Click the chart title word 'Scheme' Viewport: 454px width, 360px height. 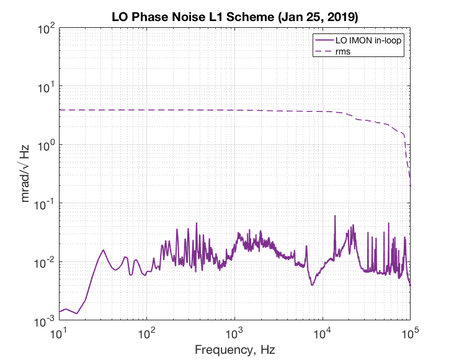pyautogui.click(x=250, y=17)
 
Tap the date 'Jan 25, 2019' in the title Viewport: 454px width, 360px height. pyautogui.click(x=318, y=17)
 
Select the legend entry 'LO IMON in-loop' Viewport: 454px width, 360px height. pyautogui.click(x=368, y=40)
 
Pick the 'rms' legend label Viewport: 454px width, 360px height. pyautogui.click(x=343, y=51)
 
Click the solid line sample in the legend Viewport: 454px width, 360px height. pyautogui.click(x=324, y=40)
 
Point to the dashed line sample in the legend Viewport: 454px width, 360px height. pyautogui.click(x=324, y=51)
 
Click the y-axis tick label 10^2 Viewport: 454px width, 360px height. pyautogui.click(x=47, y=29)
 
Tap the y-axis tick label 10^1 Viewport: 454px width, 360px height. pyautogui.click(x=47, y=87)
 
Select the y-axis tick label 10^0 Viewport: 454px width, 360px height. pyautogui.click(x=47, y=146)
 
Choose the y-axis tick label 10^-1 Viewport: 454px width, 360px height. pyautogui.click(x=45, y=204)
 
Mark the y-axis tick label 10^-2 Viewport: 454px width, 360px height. pyautogui.click(x=45, y=263)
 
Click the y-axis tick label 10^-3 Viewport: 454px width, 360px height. pyautogui.click(x=45, y=321)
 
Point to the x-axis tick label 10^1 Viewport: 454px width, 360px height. pyautogui.click(x=58, y=333)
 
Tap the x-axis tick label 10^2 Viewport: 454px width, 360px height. pyautogui.click(x=147, y=333)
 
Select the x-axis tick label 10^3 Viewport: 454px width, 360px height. pyautogui.click(x=234, y=333)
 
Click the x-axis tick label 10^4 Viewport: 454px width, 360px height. pyautogui.click(x=323, y=333)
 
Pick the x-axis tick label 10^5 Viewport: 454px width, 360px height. pyautogui.click(x=410, y=333)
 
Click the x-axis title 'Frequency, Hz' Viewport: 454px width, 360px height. pyautogui.click(x=235, y=349)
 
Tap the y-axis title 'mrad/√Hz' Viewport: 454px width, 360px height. pyautogui.click(x=25, y=173)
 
